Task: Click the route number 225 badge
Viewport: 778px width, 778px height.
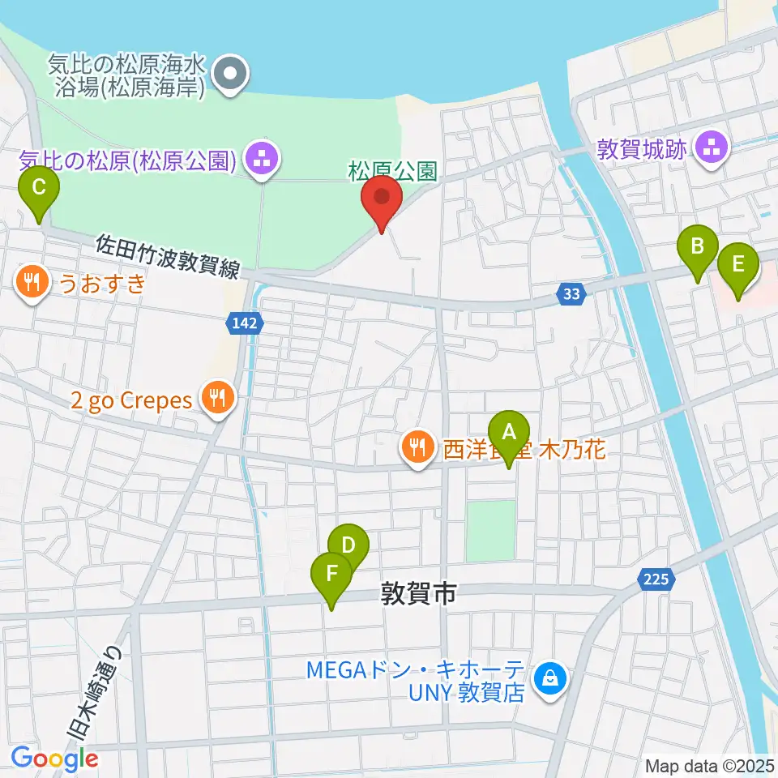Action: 657,578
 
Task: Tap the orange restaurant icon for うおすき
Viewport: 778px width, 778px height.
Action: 31,283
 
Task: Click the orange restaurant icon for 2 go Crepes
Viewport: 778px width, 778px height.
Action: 216,399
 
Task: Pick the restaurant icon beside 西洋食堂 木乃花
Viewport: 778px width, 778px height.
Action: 417,447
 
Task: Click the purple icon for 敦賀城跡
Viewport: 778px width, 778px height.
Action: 712,148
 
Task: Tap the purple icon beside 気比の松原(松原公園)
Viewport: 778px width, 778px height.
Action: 261,160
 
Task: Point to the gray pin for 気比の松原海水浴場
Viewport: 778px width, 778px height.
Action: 231,75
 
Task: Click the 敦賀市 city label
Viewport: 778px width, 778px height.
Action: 419,595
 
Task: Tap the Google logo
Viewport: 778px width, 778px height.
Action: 55,759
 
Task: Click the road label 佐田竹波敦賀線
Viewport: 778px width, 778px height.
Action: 167,255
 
